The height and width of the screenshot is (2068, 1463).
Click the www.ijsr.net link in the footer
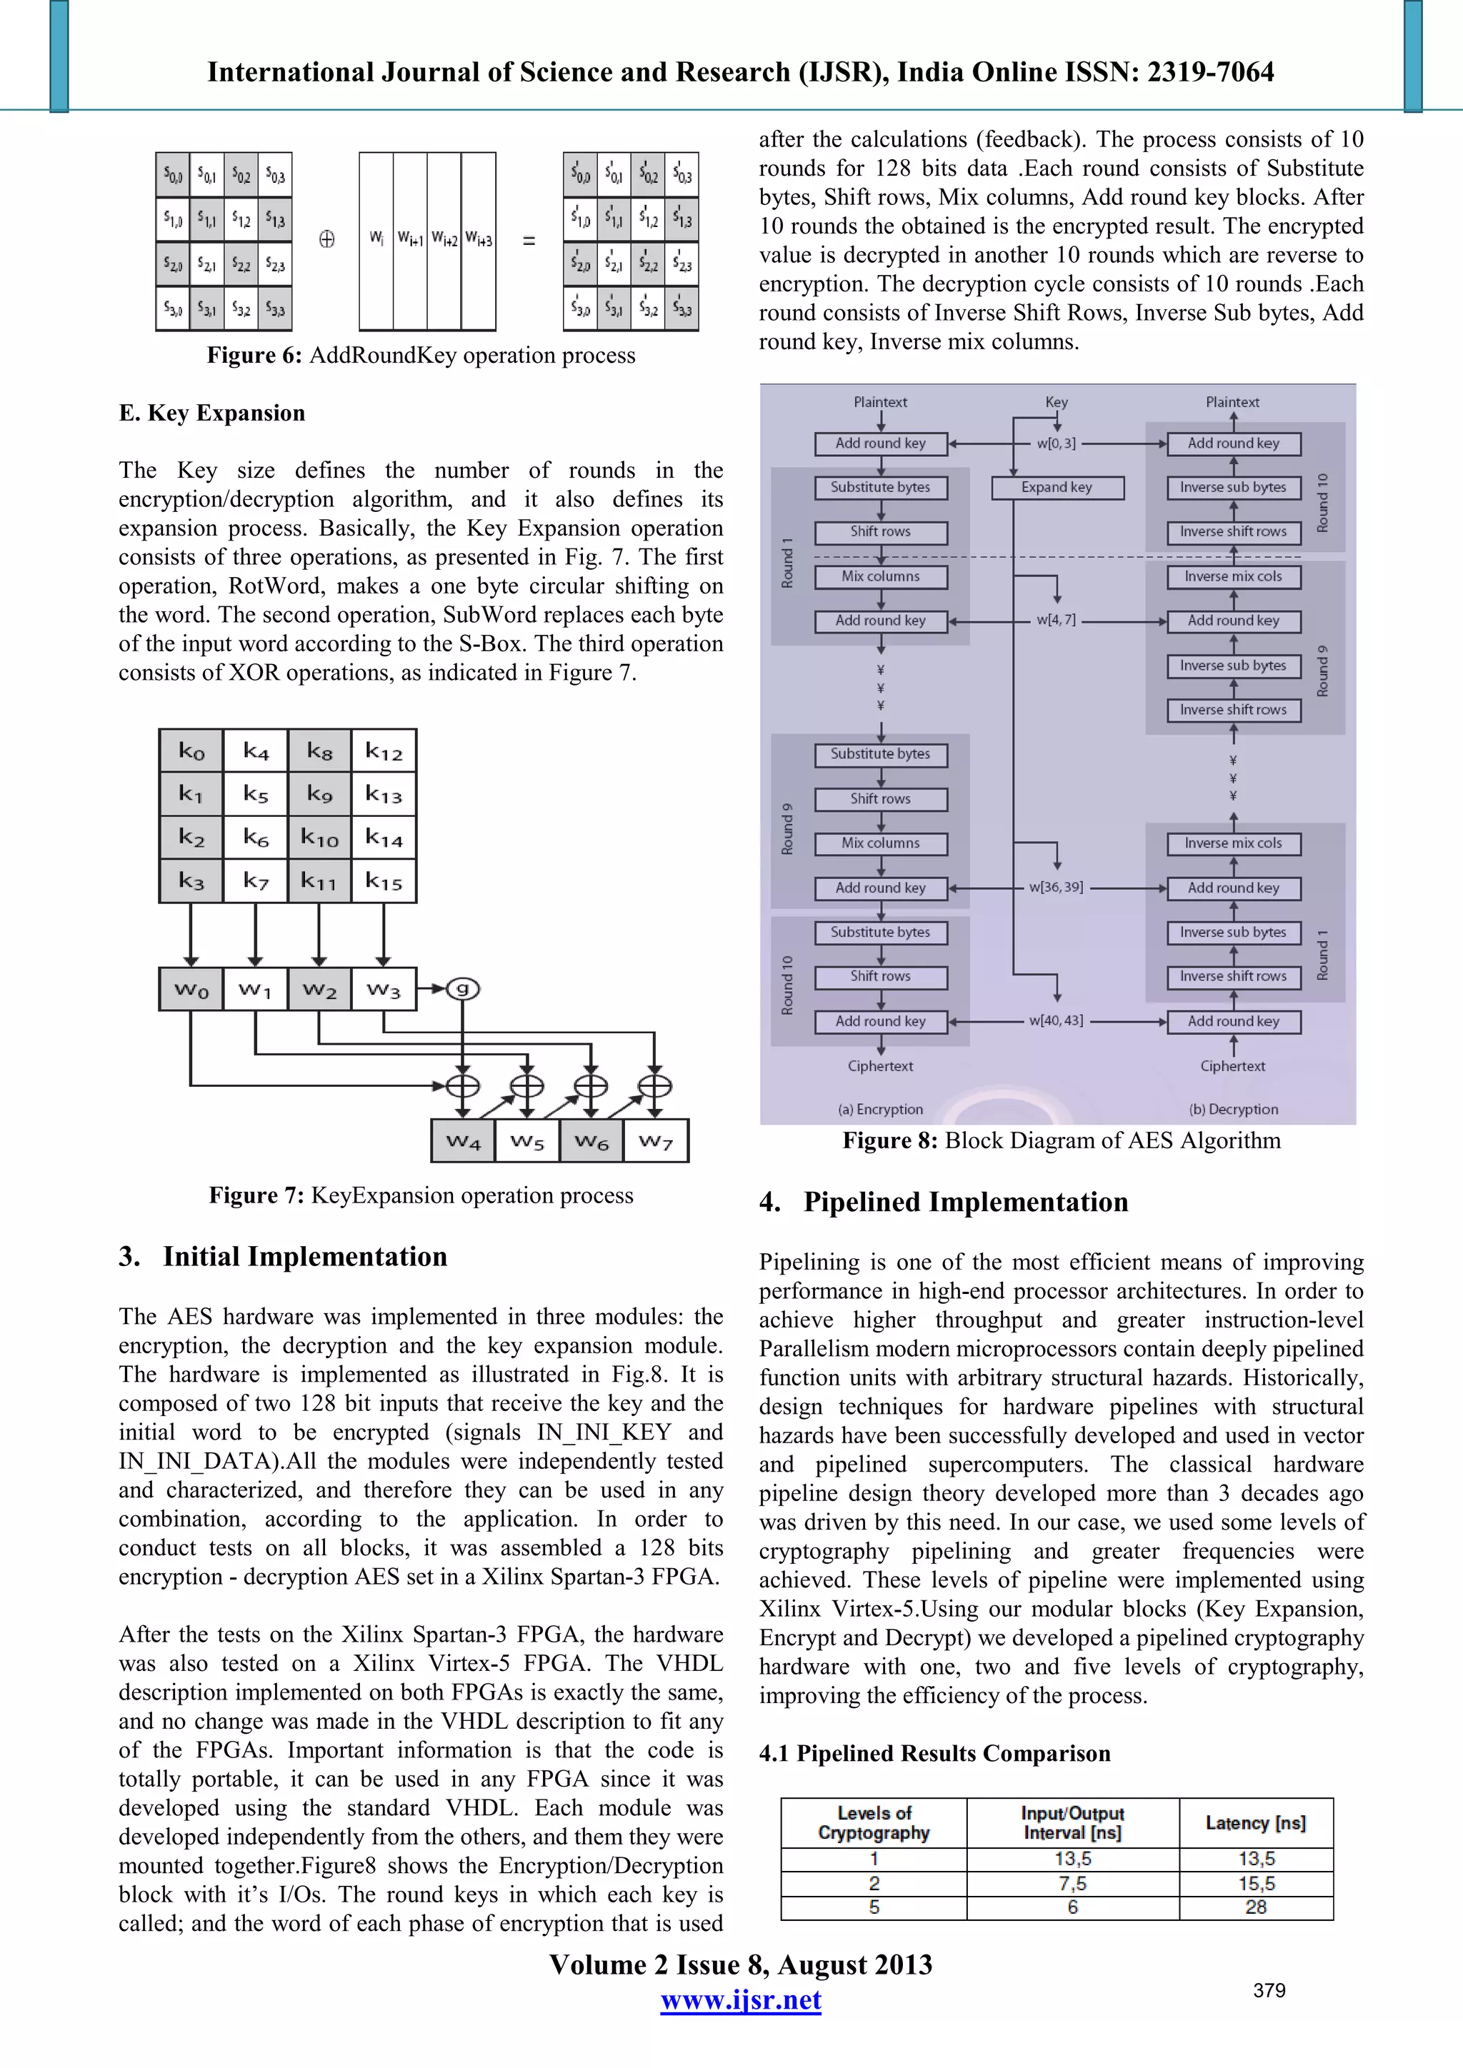[741, 2000]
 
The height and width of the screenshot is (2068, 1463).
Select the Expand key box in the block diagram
[1057, 487]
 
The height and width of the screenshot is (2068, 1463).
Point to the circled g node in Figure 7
[463, 989]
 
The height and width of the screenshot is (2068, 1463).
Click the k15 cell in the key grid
[384, 881]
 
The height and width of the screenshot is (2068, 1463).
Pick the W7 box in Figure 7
[656, 1141]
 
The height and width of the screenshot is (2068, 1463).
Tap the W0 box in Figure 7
[191, 990]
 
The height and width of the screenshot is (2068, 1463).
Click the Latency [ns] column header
[1255, 1823]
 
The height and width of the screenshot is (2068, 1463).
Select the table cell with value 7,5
[1072, 1883]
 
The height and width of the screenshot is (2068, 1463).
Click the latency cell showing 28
[1255, 1907]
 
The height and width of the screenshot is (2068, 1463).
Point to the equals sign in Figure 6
[529, 241]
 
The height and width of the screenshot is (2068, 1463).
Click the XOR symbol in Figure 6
[327, 240]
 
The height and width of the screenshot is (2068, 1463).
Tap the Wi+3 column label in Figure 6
[479, 240]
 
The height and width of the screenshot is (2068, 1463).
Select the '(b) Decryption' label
[1233, 1109]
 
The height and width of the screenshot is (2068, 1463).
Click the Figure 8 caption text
[1062, 1141]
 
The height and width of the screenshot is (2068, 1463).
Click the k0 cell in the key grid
[191, 751]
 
